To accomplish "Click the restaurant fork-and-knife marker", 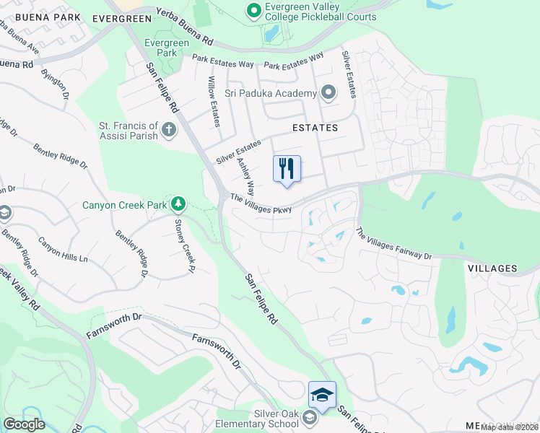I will coord(287,169).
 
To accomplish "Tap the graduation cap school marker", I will coord(322,395).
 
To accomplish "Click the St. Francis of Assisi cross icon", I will coord(169,130).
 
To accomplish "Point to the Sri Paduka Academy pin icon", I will coord(328,93).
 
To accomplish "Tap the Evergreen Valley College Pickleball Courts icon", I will coord(253,11).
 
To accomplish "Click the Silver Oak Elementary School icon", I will coord(310,418).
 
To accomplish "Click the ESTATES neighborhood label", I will coord(315,128).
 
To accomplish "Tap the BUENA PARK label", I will coord(37,16).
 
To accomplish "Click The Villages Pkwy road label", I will coord(261,204).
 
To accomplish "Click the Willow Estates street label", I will coord(213,102).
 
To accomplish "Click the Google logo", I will coord(24,424).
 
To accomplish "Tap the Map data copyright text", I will coord(510,427).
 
